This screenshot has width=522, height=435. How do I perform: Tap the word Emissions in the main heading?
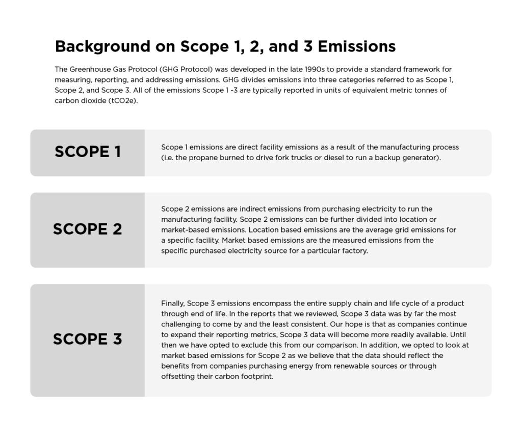point(356,46)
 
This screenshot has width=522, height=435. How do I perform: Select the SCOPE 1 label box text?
point(88,152)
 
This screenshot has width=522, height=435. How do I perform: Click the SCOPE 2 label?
point(88,229)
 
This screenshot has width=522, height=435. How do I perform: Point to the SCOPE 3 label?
point(88,339)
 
